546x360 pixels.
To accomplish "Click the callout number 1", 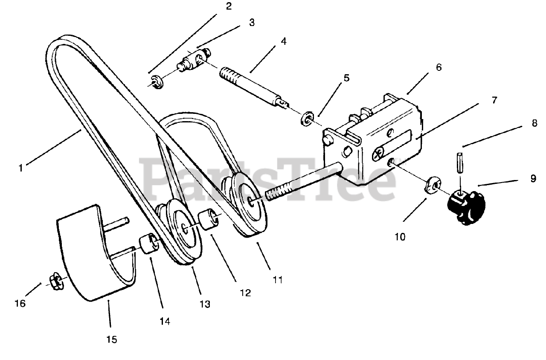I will (x=20, y=168).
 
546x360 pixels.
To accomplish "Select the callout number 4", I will (x=283, y=42).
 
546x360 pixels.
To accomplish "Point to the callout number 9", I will (x=533, y=178).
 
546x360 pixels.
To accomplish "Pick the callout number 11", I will (x=278, y=280).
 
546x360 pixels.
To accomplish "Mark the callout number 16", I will (x=20, y=303).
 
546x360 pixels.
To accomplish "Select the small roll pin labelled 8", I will (x=459, y=162).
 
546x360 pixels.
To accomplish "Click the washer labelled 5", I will (x=307, y=119).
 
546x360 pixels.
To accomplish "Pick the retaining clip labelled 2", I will (x=156, y=82).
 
